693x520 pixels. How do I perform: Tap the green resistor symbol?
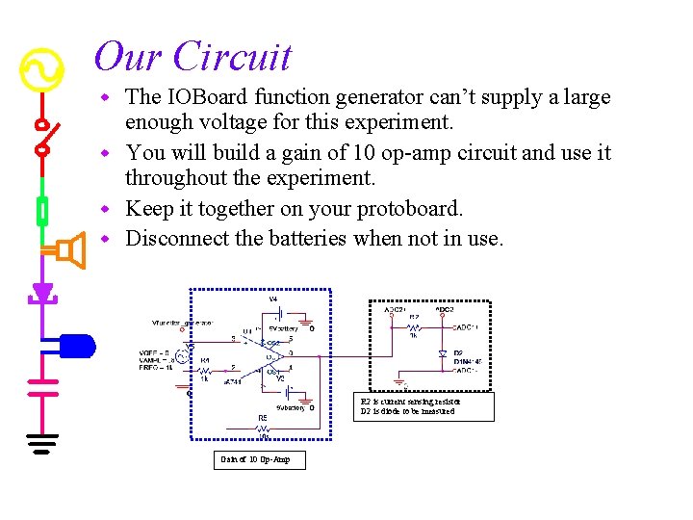41,208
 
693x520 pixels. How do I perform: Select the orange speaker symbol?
65,251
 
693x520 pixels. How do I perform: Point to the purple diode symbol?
41,291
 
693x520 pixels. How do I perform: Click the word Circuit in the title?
232,57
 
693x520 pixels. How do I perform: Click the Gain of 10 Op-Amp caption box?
255,459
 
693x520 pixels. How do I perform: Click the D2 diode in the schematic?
442,354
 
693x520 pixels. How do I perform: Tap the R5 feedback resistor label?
262,418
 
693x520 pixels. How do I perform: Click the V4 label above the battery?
273,299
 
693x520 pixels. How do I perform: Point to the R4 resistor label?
205,360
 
